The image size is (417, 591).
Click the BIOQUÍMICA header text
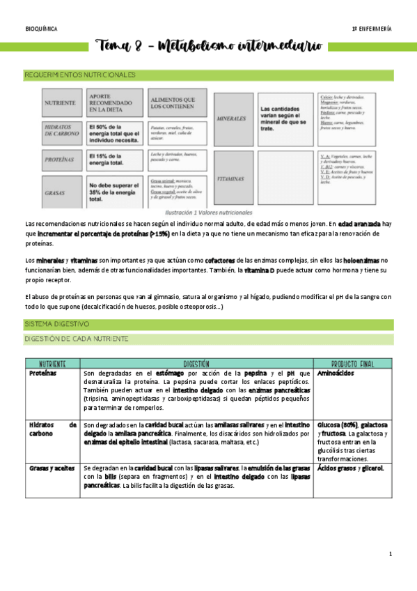(x=41, y=29)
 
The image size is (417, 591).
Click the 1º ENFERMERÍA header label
(x=372, y=29)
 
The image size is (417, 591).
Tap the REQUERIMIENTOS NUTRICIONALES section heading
(x=80, y=75)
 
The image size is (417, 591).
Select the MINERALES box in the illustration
(x=233, y=119)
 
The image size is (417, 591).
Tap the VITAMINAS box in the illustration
(x=233, y=178)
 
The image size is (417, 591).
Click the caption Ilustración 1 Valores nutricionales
(x=208, y=212)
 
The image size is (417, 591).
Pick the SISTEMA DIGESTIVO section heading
(x=57, y=325)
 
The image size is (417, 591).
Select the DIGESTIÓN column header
(x=197, y=364)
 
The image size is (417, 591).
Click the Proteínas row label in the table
(x=42, y=374)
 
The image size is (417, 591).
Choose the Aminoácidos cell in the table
(x=338, y=374)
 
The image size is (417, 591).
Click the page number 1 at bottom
(x=391, y=554)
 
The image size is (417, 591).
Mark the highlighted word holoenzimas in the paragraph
(x=362, y=259)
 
